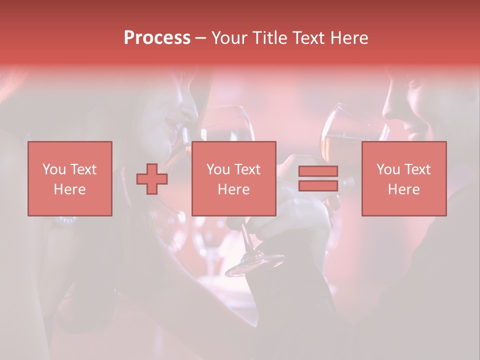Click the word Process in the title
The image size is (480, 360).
pyautogui.click(x=157, y=38)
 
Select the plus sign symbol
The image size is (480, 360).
pyautogui.click(x=152, y=179)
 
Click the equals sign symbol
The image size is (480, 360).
pyautogui.click(x=318, y=178)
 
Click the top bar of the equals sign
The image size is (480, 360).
pyautogui.click(x=318, y=171)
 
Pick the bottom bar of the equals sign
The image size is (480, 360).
pyautogui.click(x=318, y=185)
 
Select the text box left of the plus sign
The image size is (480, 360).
pyautogui.click(x=69, y=178)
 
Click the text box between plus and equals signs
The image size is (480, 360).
pyautogui.click(x=233, y=178)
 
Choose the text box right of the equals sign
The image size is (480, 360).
pyautogui.click(x=403, y=178)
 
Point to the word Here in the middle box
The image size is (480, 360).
pyautogui.click(x=233, y=189)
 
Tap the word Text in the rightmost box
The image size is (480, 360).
pyautogui.click(x=417, y=169)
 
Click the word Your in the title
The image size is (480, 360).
pyautogui.click(x=228, y=38)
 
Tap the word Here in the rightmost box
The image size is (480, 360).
pyautogui.click(x=403, y=189)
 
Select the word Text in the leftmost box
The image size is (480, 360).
pyautogui.click(x=83, y=169)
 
